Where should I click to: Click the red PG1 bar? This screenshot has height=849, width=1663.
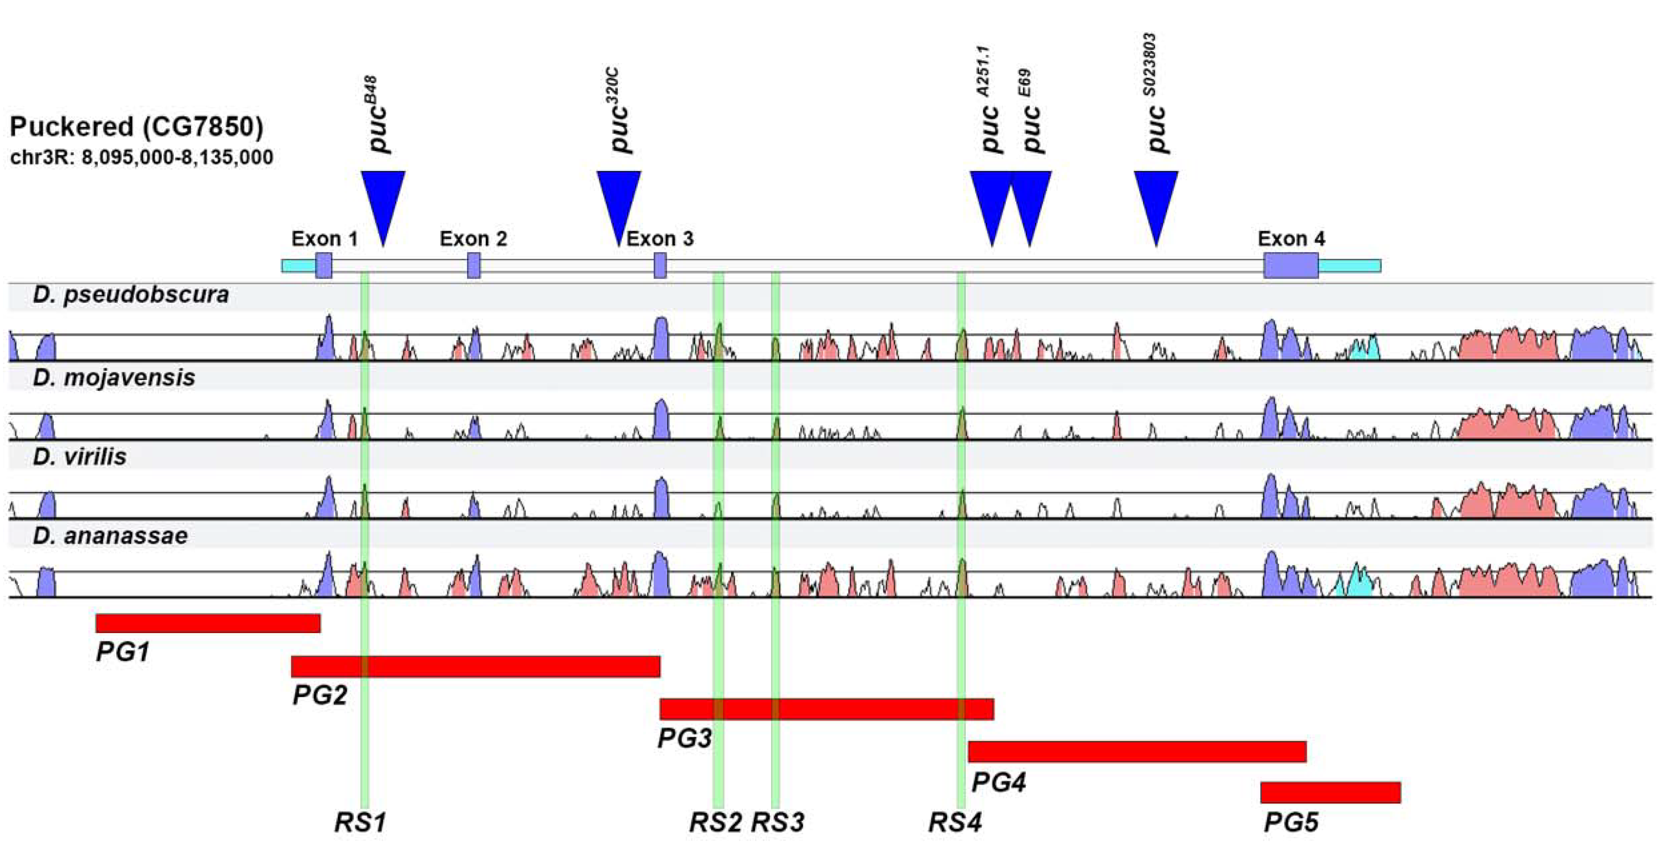(208, 623)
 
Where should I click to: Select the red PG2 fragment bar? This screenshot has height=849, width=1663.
(476, 666)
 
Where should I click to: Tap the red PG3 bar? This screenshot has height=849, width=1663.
(826, 709)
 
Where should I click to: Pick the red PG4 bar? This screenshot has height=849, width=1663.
(1137, 752)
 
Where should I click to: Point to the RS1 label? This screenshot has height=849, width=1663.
(360, 823)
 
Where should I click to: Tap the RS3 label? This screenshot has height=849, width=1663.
(778, 823)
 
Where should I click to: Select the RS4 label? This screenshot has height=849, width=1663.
(955, 823)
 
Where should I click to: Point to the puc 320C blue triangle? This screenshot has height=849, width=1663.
(619, 200)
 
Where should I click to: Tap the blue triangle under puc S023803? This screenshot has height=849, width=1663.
(1156, 200)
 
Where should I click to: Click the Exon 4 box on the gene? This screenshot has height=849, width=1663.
(1291, 265)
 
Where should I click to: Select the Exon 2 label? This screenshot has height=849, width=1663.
(473, 239)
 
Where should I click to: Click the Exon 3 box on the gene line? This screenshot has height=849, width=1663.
(660, 265)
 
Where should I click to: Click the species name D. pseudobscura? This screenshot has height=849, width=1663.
(131, 295)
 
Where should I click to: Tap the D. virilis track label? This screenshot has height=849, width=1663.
(80, 457)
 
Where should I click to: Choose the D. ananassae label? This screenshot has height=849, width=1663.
(110, 535)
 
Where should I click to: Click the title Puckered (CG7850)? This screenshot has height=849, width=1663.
(136, 127)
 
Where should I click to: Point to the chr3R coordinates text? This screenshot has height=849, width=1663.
(141, 157)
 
